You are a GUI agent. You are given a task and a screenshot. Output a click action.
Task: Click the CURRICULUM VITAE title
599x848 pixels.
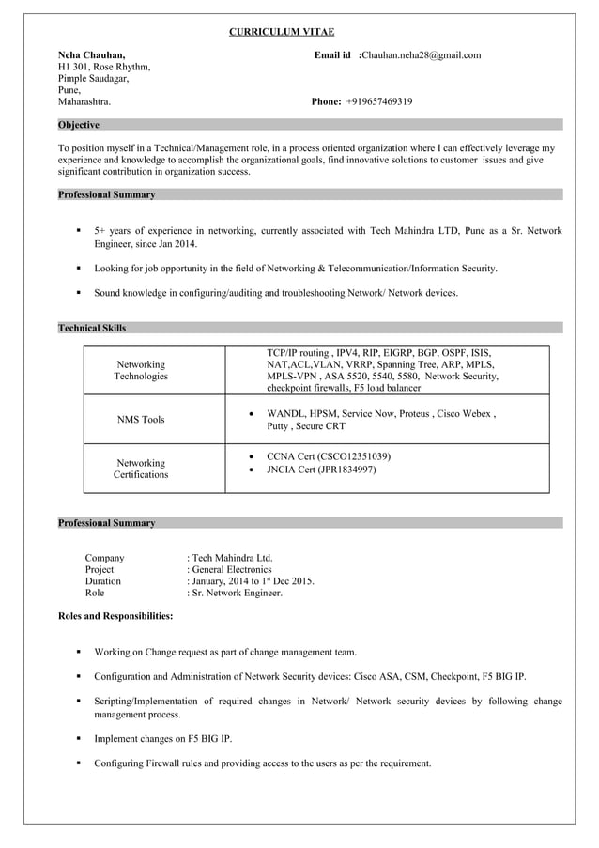tap(282, 32)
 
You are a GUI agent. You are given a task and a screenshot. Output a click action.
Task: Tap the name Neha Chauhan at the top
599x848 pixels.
tap(91, 55)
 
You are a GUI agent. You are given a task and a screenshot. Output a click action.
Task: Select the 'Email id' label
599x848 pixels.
tap(332, 55)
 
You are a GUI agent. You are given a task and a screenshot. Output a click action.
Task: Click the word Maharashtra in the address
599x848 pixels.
tap(84, 101)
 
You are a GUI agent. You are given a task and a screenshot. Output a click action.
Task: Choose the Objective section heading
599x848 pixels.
tap(79, 125)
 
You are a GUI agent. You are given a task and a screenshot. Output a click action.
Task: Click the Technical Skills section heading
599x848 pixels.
tap(92, 328)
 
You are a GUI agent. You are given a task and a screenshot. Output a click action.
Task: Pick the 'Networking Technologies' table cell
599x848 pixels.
tap(141, 370)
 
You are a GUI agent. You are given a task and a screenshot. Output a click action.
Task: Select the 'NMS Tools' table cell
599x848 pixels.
tap(141, 420)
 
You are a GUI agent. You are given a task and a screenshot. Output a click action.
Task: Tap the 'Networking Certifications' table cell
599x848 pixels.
tap(141, 469)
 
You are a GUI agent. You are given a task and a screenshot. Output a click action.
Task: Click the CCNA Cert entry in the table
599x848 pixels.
tap(329, 456)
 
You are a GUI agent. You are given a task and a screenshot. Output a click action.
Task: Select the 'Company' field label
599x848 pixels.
tap(104, 558)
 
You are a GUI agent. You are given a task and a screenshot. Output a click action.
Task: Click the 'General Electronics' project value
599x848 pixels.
tap(231, 569)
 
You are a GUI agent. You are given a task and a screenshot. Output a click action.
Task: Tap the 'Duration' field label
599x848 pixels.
tap(103, 581)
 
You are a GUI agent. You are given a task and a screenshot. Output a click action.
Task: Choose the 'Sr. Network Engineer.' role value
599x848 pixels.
tap(237, 594)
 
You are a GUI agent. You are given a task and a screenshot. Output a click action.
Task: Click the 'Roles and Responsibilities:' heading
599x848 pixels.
tap(115, 616)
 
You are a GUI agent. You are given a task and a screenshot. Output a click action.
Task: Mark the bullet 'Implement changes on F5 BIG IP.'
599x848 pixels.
tap(162, 739)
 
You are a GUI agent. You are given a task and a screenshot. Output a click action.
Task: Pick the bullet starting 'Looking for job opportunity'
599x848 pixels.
tap(295, 269)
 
